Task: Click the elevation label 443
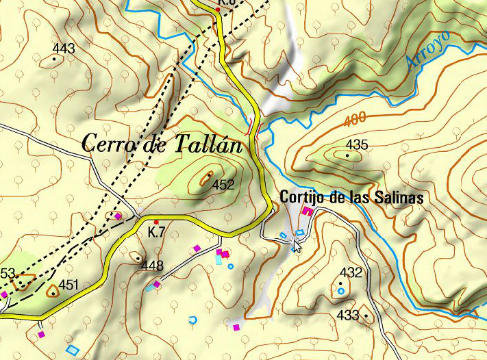[64, 49]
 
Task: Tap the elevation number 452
[223, 184]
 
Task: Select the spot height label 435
[358, 144]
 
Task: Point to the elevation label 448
[152, 266]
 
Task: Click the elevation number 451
[69, 285]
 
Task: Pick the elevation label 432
[351, 272]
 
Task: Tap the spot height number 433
[348, 315]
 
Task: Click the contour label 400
[355, 119]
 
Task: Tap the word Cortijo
[303, 198]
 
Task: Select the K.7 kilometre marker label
[156, 232]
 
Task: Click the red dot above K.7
[156, 222]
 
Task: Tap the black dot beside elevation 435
[348, 155]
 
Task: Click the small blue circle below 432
[341, 291]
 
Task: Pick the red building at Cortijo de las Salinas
[308, 212]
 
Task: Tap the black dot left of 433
[366, 316]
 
